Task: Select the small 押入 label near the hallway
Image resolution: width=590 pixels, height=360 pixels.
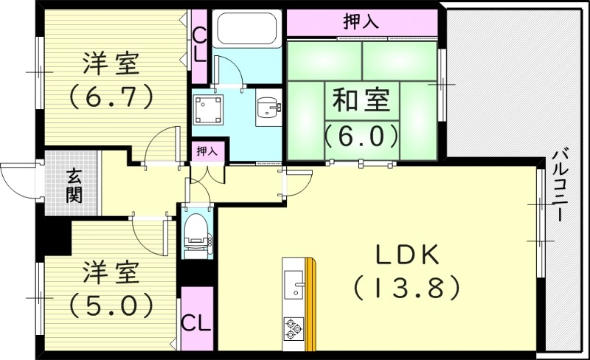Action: [206, 151]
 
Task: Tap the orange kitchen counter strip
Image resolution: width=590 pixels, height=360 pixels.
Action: [311, 302]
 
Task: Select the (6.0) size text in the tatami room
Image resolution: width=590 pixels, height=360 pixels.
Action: [361, 135]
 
